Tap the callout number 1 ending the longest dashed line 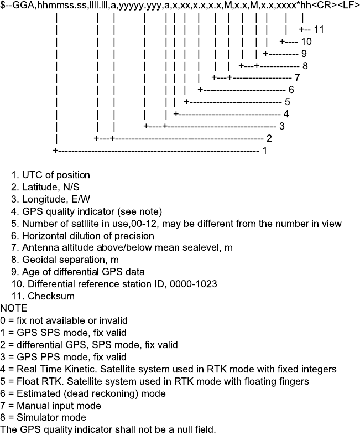265,150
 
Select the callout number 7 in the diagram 297,77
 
